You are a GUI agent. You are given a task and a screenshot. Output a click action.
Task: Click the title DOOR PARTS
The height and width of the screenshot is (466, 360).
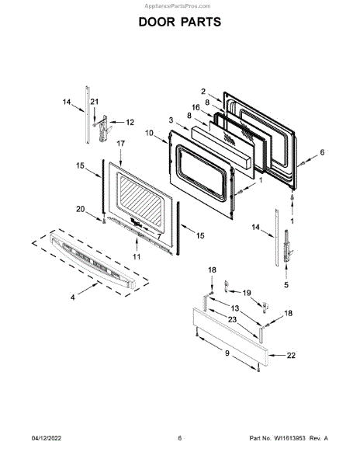point(180,22)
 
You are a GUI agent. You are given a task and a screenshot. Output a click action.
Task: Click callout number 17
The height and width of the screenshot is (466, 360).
point(120,144)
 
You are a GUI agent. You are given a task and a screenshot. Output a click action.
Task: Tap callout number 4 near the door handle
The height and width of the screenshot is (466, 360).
point(73,297)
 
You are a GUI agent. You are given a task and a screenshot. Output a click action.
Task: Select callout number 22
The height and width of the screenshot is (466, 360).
point(291,355)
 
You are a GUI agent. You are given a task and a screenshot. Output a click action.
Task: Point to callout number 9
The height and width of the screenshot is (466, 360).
point(227,353)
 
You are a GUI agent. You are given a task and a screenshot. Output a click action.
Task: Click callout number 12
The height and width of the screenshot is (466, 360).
point(130,122)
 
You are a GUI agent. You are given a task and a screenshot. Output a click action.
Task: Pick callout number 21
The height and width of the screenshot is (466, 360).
point(94,102)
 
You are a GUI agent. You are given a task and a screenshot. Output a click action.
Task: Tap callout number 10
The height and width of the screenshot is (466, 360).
point(149,133)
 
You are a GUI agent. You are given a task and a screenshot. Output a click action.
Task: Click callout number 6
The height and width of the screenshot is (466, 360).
point(322,152)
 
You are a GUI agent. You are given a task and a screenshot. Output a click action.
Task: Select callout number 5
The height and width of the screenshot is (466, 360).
point(286,285)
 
